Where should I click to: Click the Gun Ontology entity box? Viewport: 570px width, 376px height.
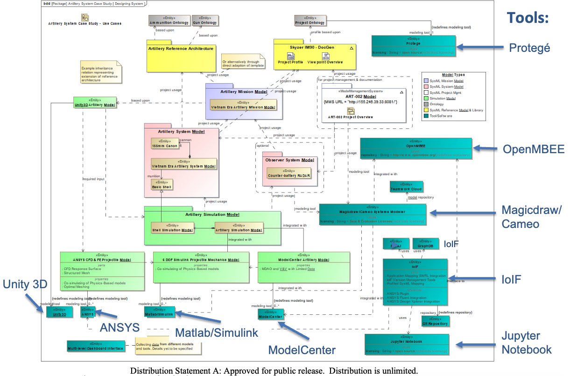[x=205, y=21]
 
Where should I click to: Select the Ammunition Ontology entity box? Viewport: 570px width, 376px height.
[x=169, y=21]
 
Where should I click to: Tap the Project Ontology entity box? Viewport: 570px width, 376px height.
[x=310, y=21]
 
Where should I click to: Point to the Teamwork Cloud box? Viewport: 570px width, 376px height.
[x=406, y=187]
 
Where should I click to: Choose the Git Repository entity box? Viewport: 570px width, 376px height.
[x=435, y=321]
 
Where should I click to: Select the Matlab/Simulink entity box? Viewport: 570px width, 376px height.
[x=160, y=312]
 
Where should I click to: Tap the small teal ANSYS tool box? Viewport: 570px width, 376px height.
[x=87, y=312]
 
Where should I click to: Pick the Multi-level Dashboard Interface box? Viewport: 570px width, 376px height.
[x=96, y=346]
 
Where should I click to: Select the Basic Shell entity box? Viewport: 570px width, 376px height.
[x=162, y=185]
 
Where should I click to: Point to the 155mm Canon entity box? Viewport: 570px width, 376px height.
[x=164, y=144]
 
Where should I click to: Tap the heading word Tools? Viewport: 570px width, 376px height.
[x=528, y=18]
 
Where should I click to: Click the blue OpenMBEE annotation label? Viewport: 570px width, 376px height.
[x=533, y=149]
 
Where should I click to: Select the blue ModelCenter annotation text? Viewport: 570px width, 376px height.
[x=302, y=350]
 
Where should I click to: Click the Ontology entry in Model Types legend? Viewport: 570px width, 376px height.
[x=437, y=104]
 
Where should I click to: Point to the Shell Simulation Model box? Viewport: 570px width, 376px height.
[x=172, y=228]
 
